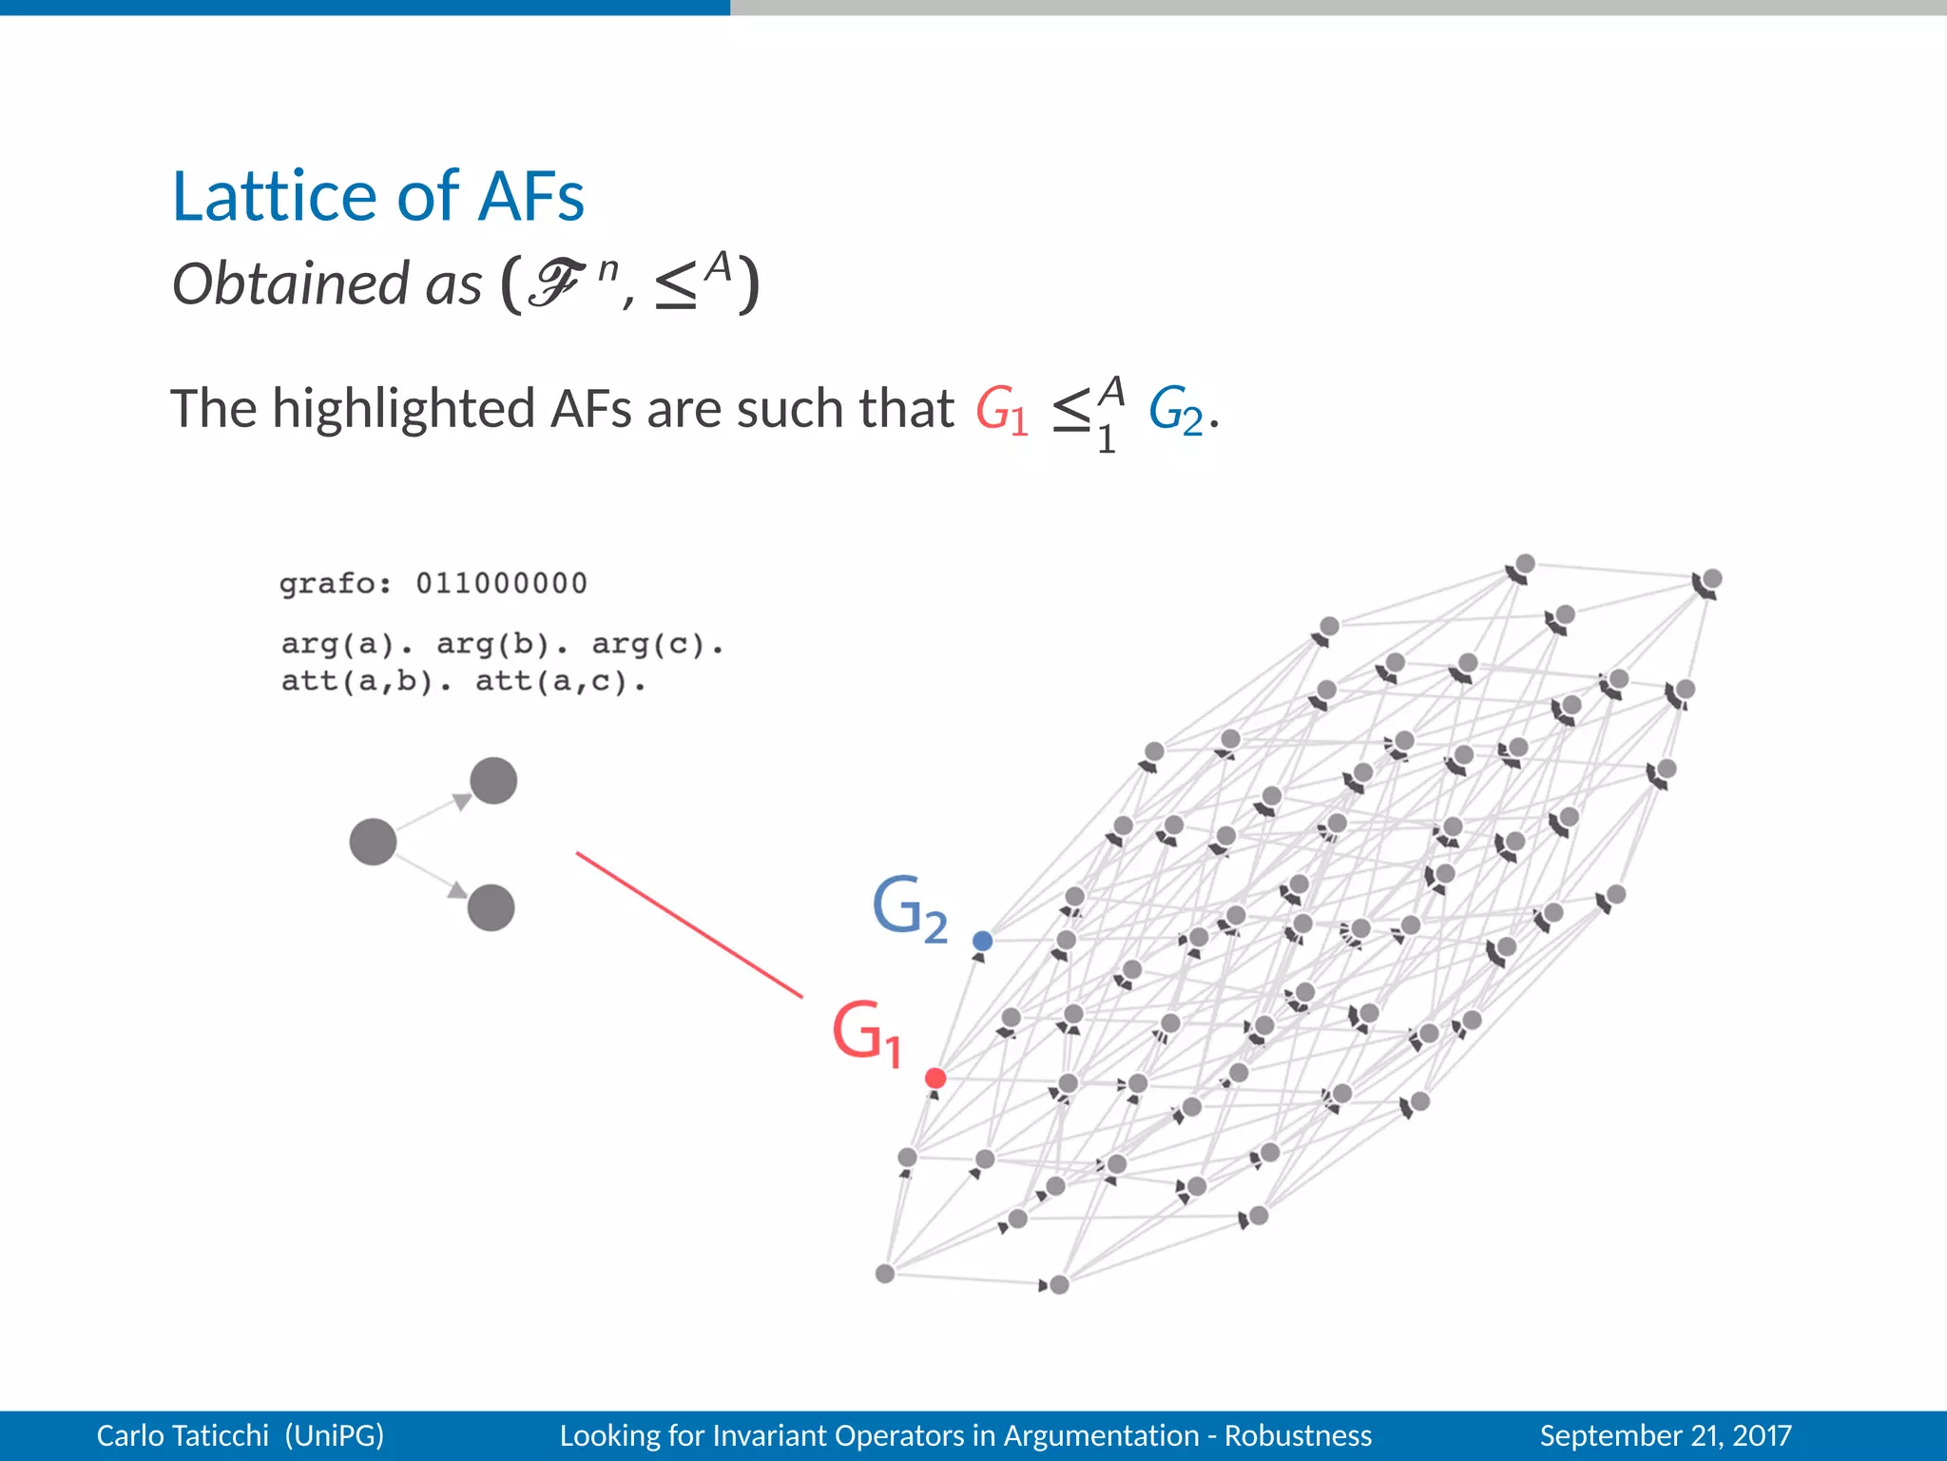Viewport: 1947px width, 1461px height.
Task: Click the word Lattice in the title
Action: [275, 197]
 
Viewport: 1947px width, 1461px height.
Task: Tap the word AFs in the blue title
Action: [530, 197]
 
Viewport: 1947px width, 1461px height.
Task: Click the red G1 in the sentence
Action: [1001, 412]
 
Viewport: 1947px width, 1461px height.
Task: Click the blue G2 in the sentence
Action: [1175, 412]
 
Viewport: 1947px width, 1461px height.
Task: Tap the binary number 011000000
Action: [501, 583]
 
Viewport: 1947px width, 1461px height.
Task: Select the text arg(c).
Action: [656, 645]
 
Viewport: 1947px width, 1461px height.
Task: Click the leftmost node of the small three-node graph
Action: [373, 842]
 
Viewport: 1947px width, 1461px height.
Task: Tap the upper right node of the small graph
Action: [493, 781]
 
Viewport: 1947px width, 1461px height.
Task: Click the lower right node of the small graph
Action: [492, 907]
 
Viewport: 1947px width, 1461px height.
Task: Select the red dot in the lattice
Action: [935, 1078]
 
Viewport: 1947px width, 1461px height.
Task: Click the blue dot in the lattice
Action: [983, 941]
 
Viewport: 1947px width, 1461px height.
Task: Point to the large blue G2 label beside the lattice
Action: [909, 908]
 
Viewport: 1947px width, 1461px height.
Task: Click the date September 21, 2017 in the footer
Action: [1665, 1435]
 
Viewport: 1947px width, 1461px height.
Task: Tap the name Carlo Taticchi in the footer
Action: [183, 1435]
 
